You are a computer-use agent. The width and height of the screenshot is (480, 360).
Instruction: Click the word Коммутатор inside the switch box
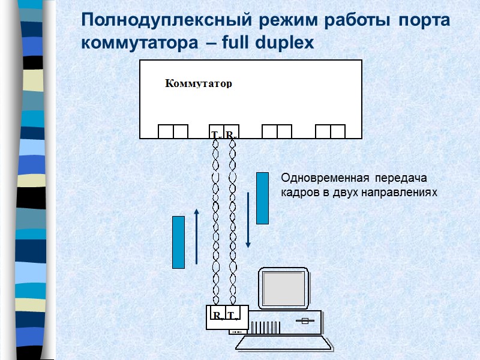pyautogui.click(x=198, y=84)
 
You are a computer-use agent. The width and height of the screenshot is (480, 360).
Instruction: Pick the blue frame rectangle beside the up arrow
pyautogui.click(x=178, y=242)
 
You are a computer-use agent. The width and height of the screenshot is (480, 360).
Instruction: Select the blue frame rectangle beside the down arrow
pyautogui.click(x=262, y=198)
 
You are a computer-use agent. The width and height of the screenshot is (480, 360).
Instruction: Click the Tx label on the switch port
pyautogui.click(x=215, y=134)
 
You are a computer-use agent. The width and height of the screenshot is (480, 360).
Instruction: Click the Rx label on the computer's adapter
pyautogui.click(x=217, y=316)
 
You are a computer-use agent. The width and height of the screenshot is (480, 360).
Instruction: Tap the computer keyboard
pyautogui.click(x=284, y=342)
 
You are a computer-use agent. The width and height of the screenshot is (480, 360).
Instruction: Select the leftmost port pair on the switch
pyautogui.click(x=173, y=131)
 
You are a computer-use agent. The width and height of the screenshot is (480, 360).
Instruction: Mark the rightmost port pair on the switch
pyautogui.click(x=330, y=131)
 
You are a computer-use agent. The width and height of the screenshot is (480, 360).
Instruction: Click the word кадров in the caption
pyautogui.click(x=298, y=193)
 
